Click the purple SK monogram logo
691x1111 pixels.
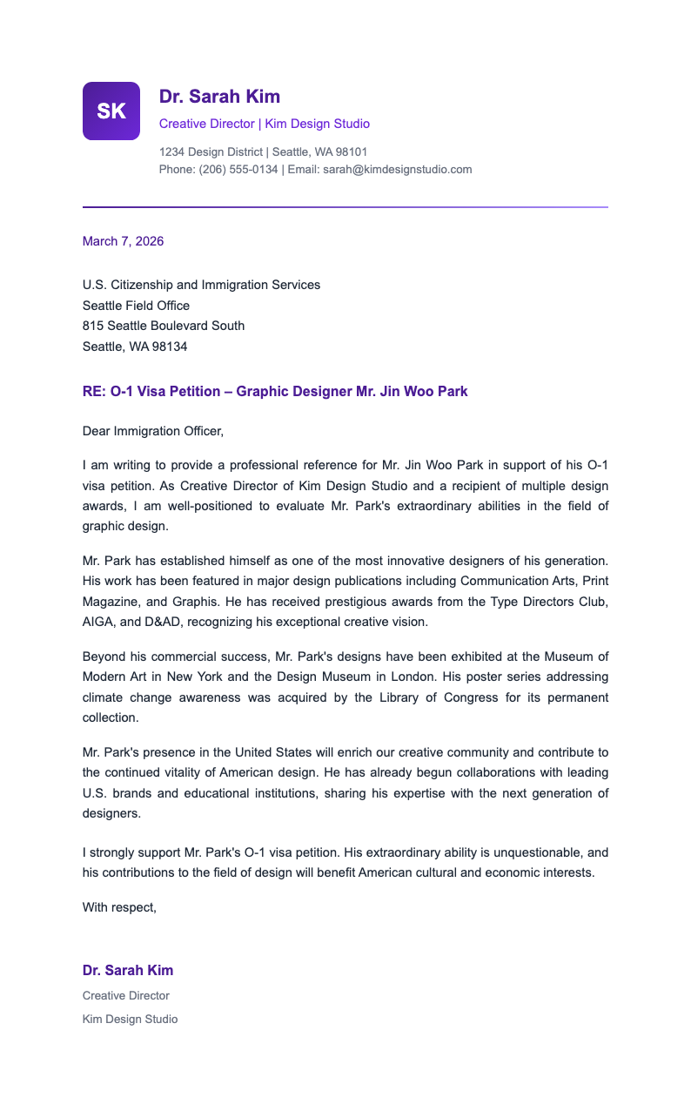coord(111,111)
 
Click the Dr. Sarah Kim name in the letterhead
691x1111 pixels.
coord(219,97)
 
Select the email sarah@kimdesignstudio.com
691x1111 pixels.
coord(397,169)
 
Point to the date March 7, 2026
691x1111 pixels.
coord(123,241)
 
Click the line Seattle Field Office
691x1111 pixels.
coord(136,306)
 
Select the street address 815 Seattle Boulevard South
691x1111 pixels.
coord(164,326)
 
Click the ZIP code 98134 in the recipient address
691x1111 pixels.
coord(169,347)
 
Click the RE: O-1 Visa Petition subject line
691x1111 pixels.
coord(275,392)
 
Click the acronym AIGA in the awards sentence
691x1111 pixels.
coord(99,622)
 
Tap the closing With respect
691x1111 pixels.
coord(119,907)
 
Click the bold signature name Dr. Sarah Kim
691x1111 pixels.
coord(128,971)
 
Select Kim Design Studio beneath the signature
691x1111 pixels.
coord(130,1019)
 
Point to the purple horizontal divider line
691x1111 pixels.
coord(345,207)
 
